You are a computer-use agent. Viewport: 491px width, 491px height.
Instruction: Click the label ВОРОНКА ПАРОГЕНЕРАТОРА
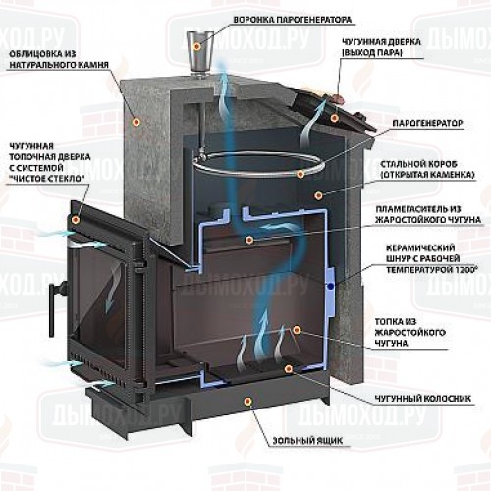pyautogui.click(x=293, y=20)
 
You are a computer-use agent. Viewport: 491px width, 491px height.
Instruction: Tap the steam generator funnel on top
pyautogui.click(x=199, y=52)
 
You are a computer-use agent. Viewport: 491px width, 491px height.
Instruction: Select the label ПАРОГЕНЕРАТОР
pyautogui.click(x=427, y=124)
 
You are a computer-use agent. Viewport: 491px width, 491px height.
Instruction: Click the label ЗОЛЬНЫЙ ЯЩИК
pyautogui.click(x=307, y=441)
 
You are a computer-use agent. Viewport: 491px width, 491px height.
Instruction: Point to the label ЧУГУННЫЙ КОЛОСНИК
pyautogui.click(x=423, y=399)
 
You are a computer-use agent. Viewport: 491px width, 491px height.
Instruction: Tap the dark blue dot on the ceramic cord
pyautogui.click(x=331, y=287)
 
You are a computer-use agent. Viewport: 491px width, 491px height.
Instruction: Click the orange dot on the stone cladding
pyautogui.click(x=136, y=122)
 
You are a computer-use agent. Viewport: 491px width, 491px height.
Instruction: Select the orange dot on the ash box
pyautogui.click(x=247, y=401)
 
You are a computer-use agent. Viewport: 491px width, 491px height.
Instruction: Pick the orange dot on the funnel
pyautogui.click(x=196, y=46)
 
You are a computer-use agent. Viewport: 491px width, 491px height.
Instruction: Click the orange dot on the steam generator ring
pyautogui.click(x=300, y=174)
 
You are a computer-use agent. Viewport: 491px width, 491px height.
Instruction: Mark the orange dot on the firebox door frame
pyautogui.click(x=77, y=219)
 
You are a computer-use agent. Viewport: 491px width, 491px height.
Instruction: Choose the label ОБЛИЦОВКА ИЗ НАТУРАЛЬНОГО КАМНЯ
pyautogui.click(x=59, y=59)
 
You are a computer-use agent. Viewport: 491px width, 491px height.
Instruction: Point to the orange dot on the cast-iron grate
pyautogui.click(x=288, y=369)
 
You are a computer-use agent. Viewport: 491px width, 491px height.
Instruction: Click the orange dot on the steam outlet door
pyautogui.click(x=334, y=118)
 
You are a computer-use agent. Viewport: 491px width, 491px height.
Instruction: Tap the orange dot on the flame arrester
pyautogui.click(x=249, y=240)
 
